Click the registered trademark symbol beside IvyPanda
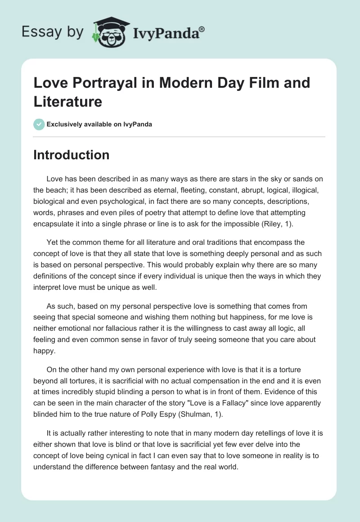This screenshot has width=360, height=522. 202,29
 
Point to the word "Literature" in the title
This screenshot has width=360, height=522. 68,101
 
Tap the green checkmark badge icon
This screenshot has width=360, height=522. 39,124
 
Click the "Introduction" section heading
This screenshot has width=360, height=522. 72,155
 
